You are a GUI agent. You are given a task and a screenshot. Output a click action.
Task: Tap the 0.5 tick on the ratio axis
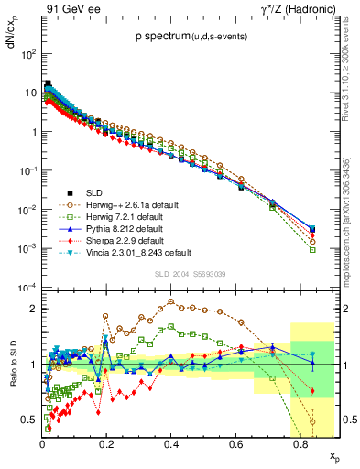pos(29,420)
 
